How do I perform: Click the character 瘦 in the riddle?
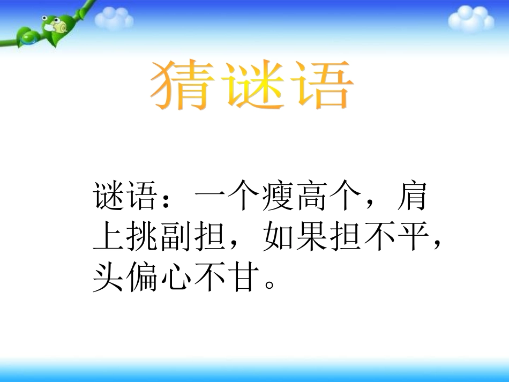pyautogui.click(x=279, y=197)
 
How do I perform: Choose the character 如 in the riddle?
pyautogui.click(x=279, y=237)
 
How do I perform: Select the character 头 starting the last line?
pyautogui.click(x=109, y=277)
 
